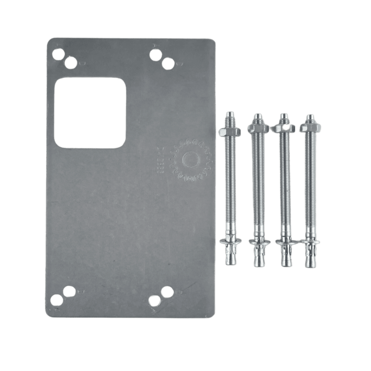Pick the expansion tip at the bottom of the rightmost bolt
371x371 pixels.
310,257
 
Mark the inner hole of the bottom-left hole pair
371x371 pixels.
69,291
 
